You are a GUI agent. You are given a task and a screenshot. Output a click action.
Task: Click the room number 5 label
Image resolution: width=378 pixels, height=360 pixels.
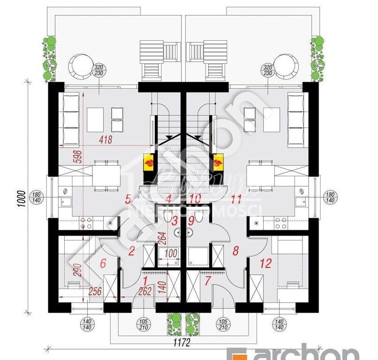(128, 199)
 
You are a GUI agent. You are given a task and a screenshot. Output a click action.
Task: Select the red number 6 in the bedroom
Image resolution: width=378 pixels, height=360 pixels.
(103, 263)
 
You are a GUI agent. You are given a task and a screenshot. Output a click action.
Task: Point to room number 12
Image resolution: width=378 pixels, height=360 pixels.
(265, 263)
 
